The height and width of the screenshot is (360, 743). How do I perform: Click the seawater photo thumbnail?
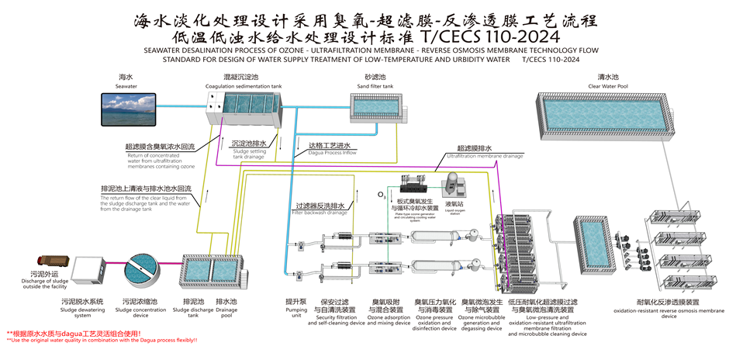[126, 109]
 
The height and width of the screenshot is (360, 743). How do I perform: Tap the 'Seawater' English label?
[126, 86]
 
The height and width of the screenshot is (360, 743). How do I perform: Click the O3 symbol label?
[381, 194]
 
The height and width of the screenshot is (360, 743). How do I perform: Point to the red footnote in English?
[102, 340]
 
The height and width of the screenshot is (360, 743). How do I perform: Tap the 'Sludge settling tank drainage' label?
[249, 154]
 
